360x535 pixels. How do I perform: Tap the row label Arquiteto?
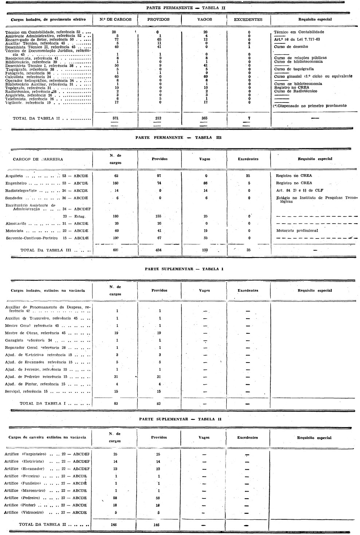tap(14, 176)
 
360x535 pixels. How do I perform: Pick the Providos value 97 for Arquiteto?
tap(159, 176)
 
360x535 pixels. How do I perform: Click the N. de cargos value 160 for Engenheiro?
tap(116, 183)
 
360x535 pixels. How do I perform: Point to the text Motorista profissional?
tap(297, 230)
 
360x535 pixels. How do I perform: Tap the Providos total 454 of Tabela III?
tap(159, 250)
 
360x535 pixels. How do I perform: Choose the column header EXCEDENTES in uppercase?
tap(248, 20)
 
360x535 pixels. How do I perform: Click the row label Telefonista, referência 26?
tap(29, 99)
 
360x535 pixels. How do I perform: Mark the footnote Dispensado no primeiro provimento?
tap(310, 106)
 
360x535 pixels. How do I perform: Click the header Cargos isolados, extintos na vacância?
tap(48, 291)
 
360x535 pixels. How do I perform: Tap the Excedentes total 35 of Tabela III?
tap(248, 250)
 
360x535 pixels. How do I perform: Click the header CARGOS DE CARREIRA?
tap(38, 159)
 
